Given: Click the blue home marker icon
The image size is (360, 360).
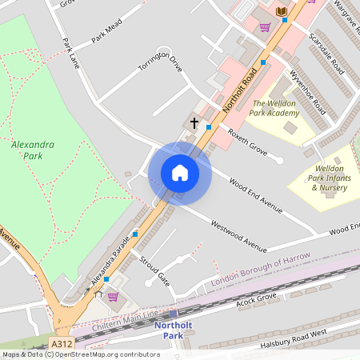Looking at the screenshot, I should click(x=180, y=173).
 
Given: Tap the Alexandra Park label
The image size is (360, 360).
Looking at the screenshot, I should click(x=33, y=150).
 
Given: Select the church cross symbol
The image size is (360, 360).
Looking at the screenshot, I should click(x=194, y=123).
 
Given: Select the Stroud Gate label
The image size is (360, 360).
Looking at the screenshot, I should click(x=154, y=271).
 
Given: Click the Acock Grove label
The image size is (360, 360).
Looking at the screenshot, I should click(x=256, y=302).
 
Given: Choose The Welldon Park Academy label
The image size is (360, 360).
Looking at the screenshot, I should click(x=274, y=108).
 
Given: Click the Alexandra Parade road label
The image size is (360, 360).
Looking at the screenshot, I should click(x=110, y=265).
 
